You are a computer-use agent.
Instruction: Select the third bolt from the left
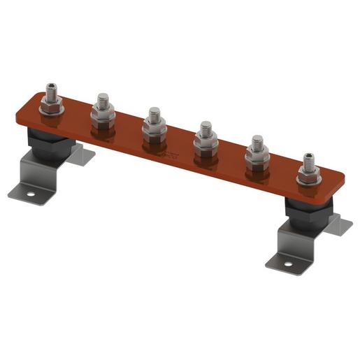click(154, 122)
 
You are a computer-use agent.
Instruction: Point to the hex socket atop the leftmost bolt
click(51, 86)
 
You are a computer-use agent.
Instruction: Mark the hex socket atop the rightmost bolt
click(308, 155)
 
